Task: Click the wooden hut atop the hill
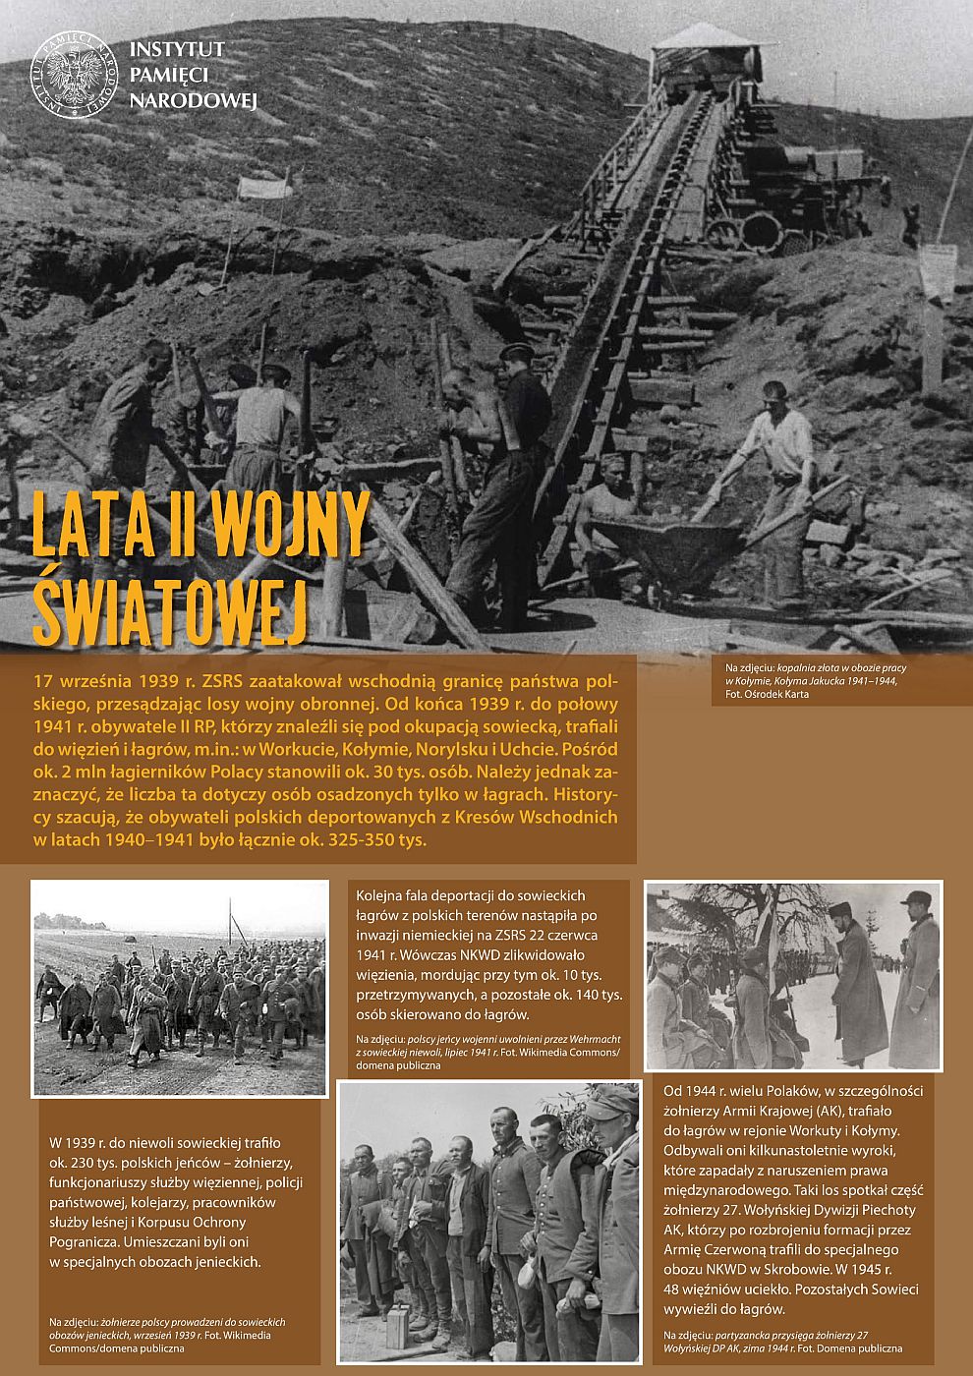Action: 704,54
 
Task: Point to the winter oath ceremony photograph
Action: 793,975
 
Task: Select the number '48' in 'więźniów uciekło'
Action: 673,1289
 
